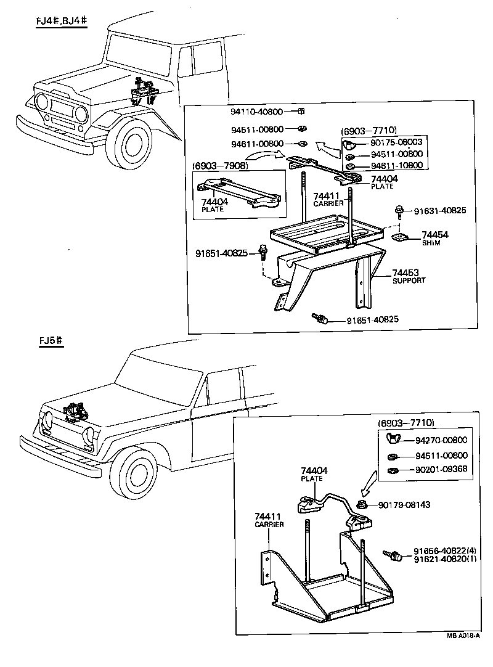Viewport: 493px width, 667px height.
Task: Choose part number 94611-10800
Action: point(397,165)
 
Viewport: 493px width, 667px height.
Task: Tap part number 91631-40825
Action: point(439,210)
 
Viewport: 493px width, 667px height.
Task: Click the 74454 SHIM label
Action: point(434,239)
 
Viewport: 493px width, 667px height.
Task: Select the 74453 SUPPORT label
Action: point(409,276)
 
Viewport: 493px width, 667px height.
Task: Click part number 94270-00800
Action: point(441,440)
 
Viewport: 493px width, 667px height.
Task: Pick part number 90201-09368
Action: point(441,470)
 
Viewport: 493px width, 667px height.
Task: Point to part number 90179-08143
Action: point(404,504)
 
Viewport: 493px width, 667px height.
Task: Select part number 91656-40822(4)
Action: point(445,550)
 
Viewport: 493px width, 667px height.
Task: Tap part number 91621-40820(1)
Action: point(445,559)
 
